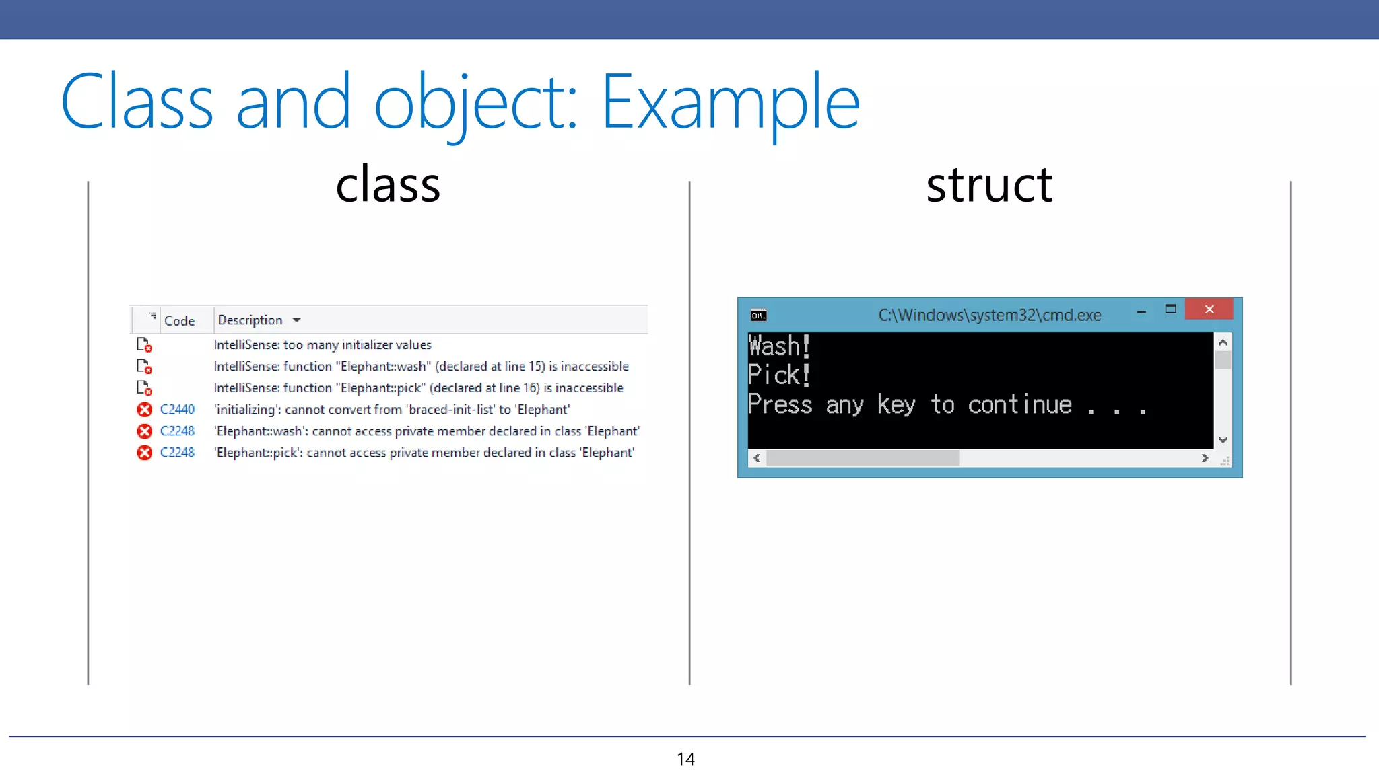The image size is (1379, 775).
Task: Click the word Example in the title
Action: pyautogui.click(x=730, y=102)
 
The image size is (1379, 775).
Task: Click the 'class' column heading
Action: pyautogui.click(x=388, y=185)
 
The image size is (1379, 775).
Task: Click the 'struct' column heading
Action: pyautogui.click(x=988, y=185)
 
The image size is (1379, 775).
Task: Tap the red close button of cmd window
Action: pyautogui.click(x=1209, y=309)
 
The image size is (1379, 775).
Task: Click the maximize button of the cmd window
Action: pyautogui.click(x=1170, y=309)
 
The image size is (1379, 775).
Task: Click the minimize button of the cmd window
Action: pyautogui.click(x=1141, y=311)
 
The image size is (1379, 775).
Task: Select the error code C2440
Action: pyautogui.click(x=177, y=409)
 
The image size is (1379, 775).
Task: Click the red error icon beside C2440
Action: pyautogui.click(x=144, y=409)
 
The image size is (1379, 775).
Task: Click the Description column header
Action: pyautogui.click(x=250, y=320)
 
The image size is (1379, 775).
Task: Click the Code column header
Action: pyautogui.click(x=179, y=321)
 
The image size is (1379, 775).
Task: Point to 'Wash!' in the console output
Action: pyautogui.click(x=779, y=346)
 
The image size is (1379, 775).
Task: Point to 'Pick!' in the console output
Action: pyautogui.click(x=779, y=375)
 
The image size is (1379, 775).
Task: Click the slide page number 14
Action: pyautogui.click(x=685, y=759)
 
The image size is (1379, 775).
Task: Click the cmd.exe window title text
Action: pyautogui.click(x=989, y=315)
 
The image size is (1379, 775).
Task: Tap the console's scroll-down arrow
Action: pyautogui.click(x=1223, y=440)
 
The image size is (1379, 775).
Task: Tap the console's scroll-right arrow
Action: pyautogui.click(x=1205, y=458)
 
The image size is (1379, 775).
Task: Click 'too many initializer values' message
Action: pyautogui.click(x=357, y=344)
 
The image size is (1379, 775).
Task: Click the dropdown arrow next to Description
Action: pyautogui.click(x=296, y=320)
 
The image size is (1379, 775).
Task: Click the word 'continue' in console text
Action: pyautogui.click(x=1019, y=405)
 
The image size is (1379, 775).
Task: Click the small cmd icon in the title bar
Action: pyautogui.click(x=759, y=315)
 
